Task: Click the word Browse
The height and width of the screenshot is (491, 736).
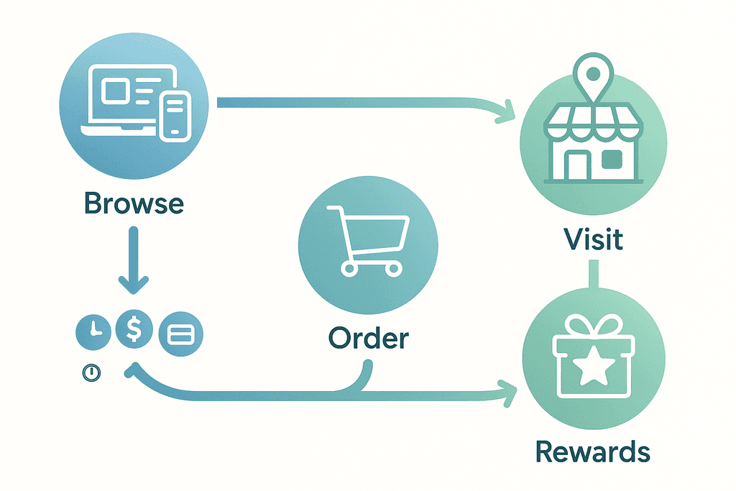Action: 134,203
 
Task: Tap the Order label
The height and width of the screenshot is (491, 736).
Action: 368,337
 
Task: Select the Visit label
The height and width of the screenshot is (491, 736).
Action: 593,239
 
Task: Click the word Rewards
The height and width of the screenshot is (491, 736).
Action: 593,452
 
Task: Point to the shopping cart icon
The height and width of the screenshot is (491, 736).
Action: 368,238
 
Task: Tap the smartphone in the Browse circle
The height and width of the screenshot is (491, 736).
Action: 175,114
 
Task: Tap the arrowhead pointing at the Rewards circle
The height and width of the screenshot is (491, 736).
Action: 511,393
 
